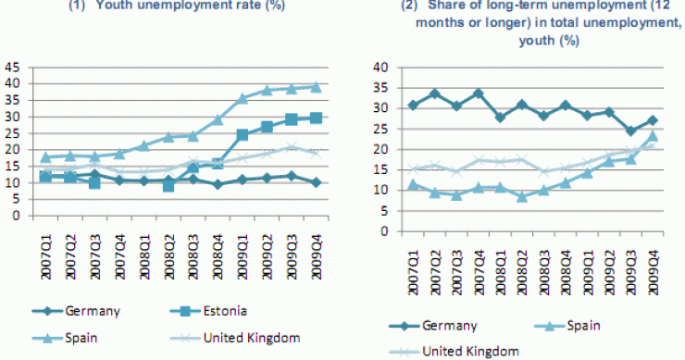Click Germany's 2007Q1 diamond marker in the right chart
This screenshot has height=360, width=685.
click(414, 105)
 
